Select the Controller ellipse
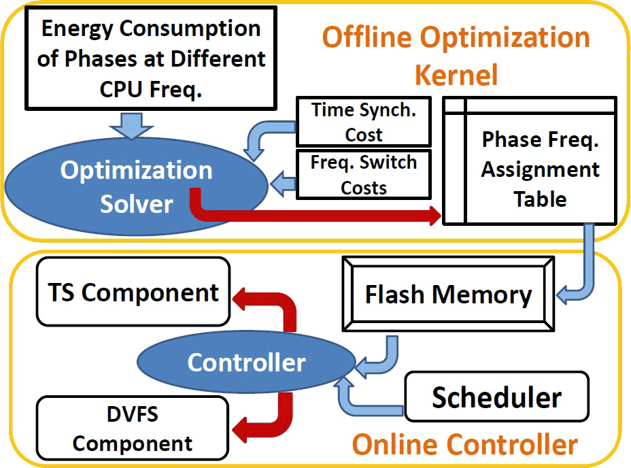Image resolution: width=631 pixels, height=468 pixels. click(x=246, y=362)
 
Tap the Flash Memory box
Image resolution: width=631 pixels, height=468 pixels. click(x=448, y=295)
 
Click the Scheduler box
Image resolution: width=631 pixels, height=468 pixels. click(x=496, y=397)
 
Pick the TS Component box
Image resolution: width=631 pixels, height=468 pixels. click(x=133, y=292)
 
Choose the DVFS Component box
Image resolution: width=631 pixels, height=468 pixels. click(x=133, y=427)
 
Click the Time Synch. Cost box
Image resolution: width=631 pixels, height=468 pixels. click(x=364, y=122)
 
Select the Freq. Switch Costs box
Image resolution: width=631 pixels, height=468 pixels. click(x=364, y=175)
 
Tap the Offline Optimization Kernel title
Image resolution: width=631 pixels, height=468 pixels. click(x=456, y=54)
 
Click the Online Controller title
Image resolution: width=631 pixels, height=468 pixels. click(x=465, y=444)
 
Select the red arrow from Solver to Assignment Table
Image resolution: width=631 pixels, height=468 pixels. click(x=313, y=216)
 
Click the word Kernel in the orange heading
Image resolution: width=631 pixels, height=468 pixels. click(x=456, y=73)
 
